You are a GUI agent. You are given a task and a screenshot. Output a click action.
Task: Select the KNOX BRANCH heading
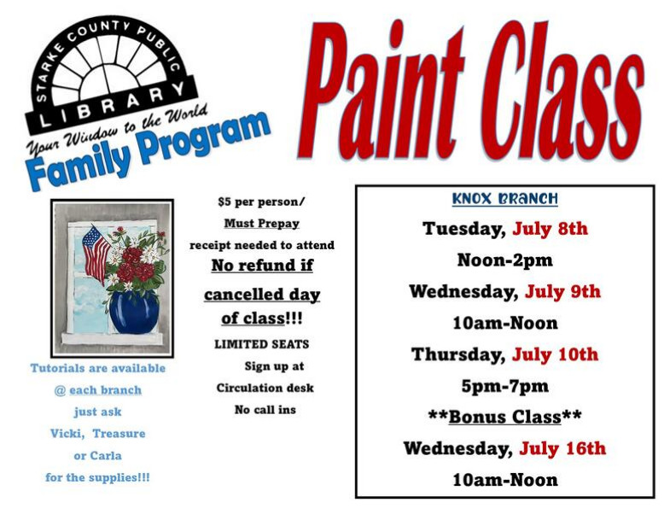tap(504, 198)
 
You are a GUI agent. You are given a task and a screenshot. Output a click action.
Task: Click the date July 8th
tap(550, 229)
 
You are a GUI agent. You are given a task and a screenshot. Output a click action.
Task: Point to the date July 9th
tap(562, 291)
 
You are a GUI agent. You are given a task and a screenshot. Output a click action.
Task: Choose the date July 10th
tap(555, 354)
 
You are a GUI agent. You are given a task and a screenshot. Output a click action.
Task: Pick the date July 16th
tap(562, 448)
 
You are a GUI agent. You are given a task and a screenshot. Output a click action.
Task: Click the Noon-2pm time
tap(504, 260)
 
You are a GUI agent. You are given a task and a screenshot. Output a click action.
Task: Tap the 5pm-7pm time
tap(504, 386)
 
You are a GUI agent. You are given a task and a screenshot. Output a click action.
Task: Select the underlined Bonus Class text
tap(504, 417)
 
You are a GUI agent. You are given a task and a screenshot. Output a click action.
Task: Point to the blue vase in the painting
tap(134, 312)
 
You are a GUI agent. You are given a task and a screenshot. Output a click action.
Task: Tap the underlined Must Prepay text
tap(262, 224)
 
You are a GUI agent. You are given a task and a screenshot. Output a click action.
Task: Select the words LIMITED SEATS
tap(262, 344)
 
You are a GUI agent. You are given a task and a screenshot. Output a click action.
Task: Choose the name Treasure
tap(119, 434)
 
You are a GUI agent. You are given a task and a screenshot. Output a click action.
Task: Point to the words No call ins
tap(265, 410)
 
